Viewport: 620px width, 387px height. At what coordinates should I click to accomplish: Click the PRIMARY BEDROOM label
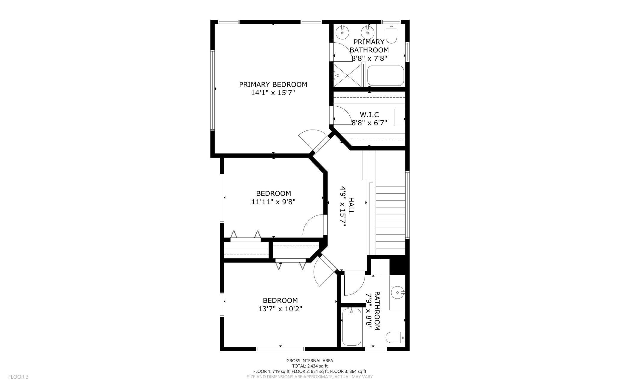pyautogui.click(x=273, y=85)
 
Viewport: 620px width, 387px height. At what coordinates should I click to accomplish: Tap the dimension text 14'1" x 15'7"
pyautogui.click(x=273, y=93)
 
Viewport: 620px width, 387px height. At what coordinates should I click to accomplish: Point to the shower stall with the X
pyautogui.click(x=348, y=75)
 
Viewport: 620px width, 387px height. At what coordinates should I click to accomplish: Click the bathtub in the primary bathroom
pyautogui.click(x=385, y=76)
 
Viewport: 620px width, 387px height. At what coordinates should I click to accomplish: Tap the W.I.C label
pyautogui.click(x=369, y=115)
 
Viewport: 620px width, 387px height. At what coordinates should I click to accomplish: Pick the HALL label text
pyautogui.click(x=351, y=206)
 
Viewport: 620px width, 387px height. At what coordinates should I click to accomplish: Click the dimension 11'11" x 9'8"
pyautogui.click(x=273, y=202)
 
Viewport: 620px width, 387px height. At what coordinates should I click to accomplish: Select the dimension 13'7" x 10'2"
pyautogui.click(x=280, y=309)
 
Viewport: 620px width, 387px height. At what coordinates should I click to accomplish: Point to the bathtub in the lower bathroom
pyautogui.click(x=352, y=327)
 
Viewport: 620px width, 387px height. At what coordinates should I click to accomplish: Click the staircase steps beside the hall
pyautogui.click(x=390, y=217)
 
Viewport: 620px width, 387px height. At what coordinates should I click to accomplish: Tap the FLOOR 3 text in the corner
pyautogui.click(x=18, y=377)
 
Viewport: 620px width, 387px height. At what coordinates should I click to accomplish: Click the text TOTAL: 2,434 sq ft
pyautogui.click(x=310, y=366)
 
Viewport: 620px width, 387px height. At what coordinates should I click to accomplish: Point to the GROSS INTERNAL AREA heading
pyautogui.click(x=310, y=360)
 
